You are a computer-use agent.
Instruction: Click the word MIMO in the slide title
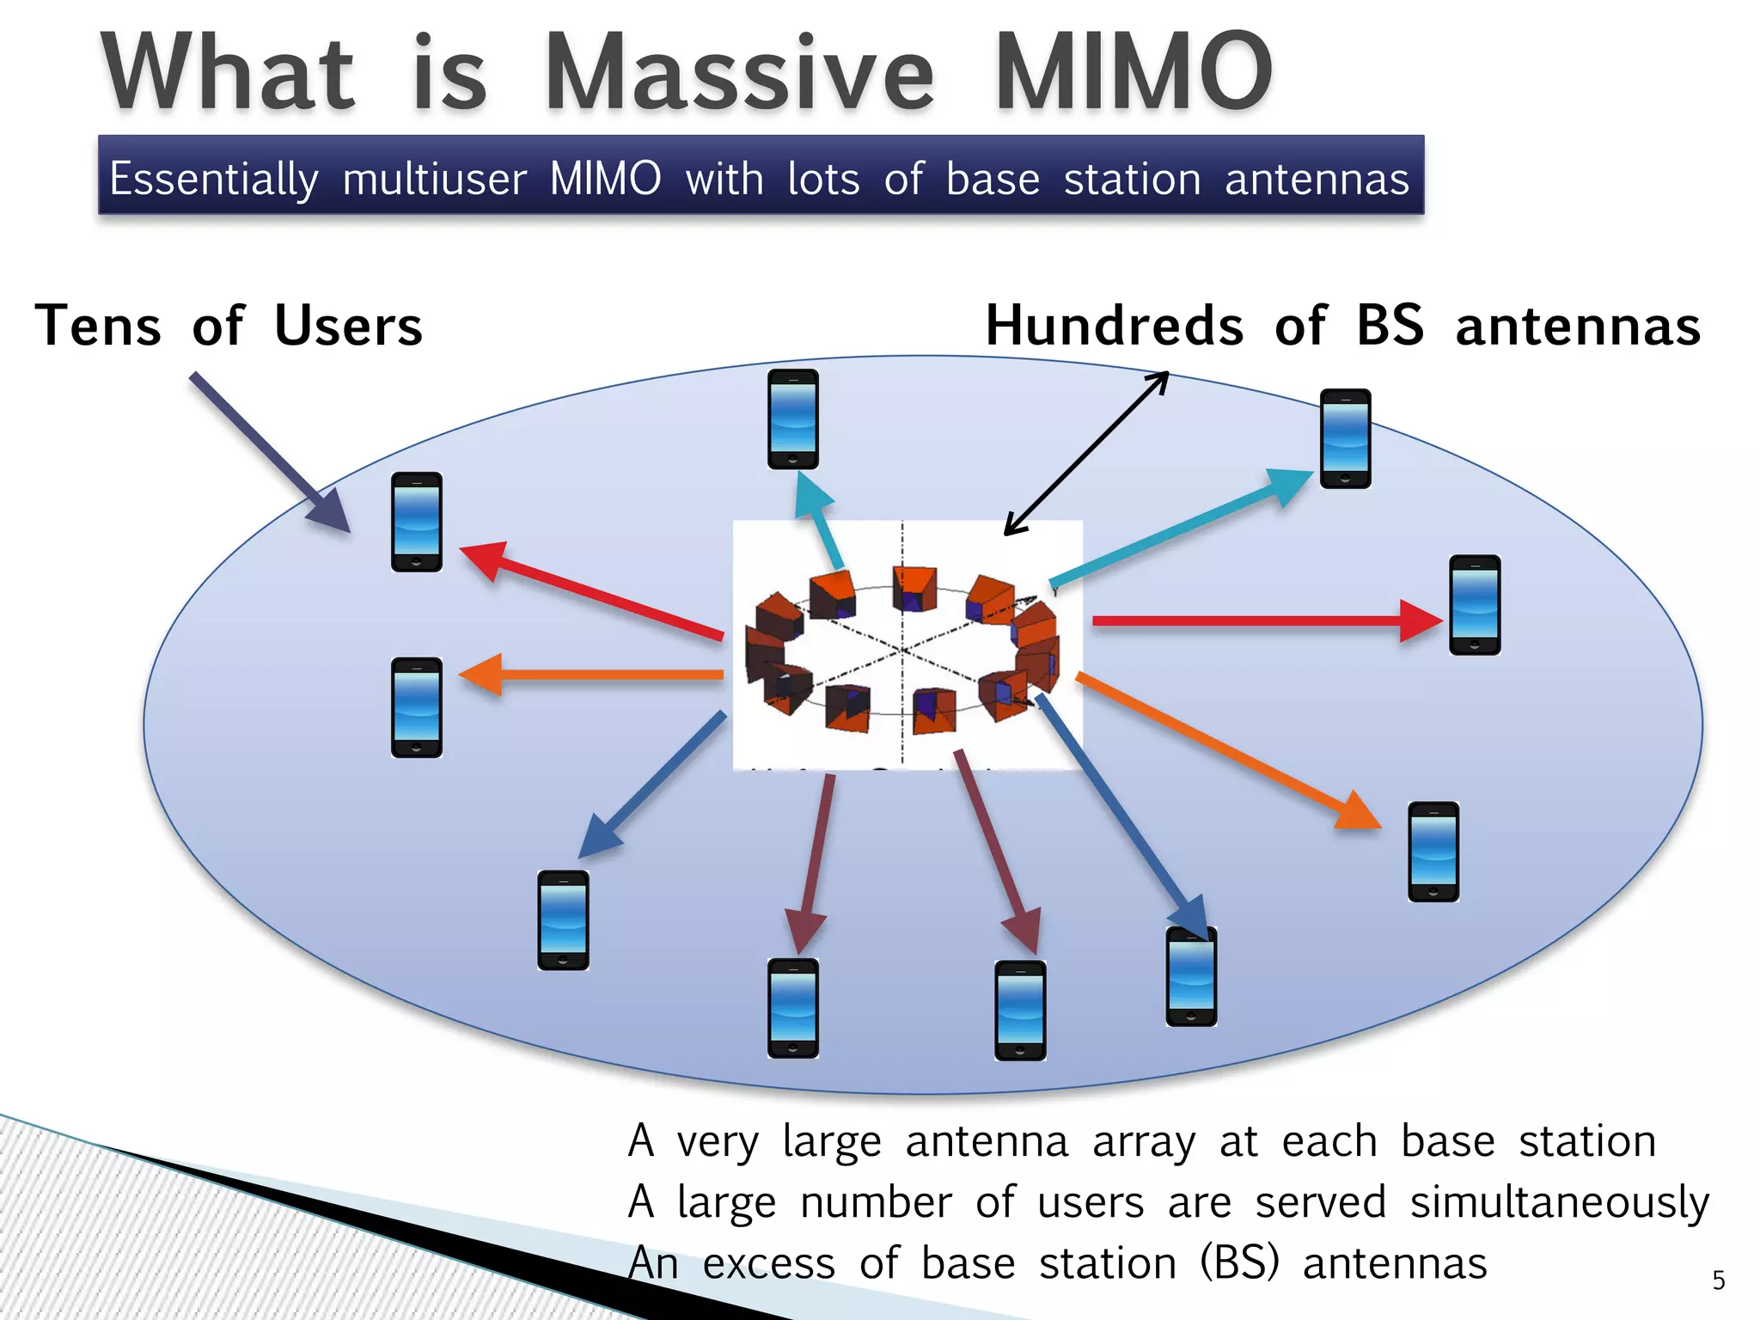[x=1133, y=72]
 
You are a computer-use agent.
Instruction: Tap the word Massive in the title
[x=739, y=72]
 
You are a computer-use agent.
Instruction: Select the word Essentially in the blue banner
[x=213, y=179]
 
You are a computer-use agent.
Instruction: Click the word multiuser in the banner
[x=434, y=179]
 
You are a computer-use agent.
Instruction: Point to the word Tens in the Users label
[x=98, y=327]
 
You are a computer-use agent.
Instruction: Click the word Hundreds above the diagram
[x=1114, y=327]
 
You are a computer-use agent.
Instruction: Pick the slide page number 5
[x=1718, y=1280]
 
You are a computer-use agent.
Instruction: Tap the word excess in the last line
[x=768, y=1264]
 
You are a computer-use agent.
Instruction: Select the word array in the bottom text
[x=1143, y=1142]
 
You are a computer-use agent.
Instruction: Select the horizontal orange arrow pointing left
[x=593, y=675]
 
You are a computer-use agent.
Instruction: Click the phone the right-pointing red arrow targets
[x=1475, y=605]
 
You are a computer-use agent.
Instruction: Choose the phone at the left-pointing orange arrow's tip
[x=417, y=707]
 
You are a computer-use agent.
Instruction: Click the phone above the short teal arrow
[x=792, y=419]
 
